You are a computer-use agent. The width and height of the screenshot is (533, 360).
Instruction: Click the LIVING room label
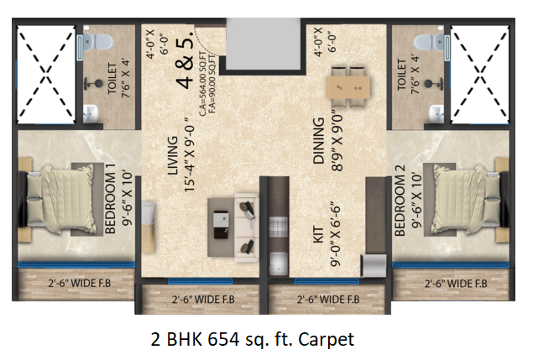pyautogui.click(x=173, y=156)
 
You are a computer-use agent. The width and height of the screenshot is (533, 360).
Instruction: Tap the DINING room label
pyautogui.click(x=318, y=141)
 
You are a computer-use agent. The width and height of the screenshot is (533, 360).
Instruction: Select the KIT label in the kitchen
pyautogui.click(x=318, y=235)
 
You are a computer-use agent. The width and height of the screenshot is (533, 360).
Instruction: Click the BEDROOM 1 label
pyautogui.click(x=111, y=199)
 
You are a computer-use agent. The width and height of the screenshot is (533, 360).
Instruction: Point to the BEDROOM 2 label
pyautogui.click(x=400, y=201)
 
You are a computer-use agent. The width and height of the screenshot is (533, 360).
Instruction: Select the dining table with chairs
pyautogui.click(x=347, y=87)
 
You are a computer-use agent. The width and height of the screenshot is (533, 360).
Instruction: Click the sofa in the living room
pyautogui.click(x=246, y=227)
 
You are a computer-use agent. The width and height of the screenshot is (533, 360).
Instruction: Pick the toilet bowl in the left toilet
pyautogui.click(x=97, y=42)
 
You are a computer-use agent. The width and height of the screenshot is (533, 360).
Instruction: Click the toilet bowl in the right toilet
pyautogui.click(x=430, y=42)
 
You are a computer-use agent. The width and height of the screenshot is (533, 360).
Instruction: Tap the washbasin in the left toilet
pyautogui.click(x=91, y=113)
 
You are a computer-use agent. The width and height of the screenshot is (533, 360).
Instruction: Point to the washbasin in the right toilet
pyautogui.click(x=436, y=114)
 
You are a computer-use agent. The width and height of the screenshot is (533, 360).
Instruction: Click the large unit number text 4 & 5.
pyautogui.click(x=185, y=59)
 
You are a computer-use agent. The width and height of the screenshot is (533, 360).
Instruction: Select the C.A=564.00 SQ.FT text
pyautogui.click(x=202, y=84)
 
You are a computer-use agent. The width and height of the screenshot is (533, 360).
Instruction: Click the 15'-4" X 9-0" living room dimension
pyautogui.click(x=189, y=154)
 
